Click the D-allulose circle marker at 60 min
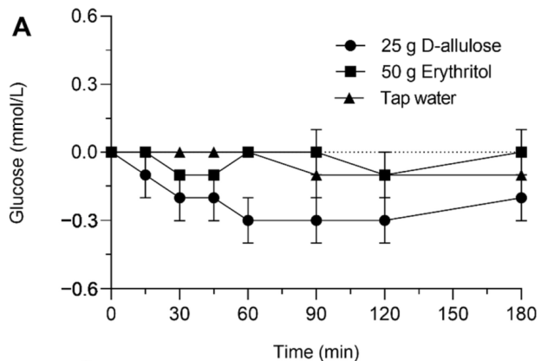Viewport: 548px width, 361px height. pyautogui.click(x=248, y=220)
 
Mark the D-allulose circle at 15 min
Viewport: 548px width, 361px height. pyautogui.click(x=146, y=174)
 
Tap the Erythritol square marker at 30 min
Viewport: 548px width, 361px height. pyautogui.click(x=179, y=174)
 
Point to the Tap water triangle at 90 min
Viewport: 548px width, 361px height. pyautogui.click(x=317, y=174)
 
